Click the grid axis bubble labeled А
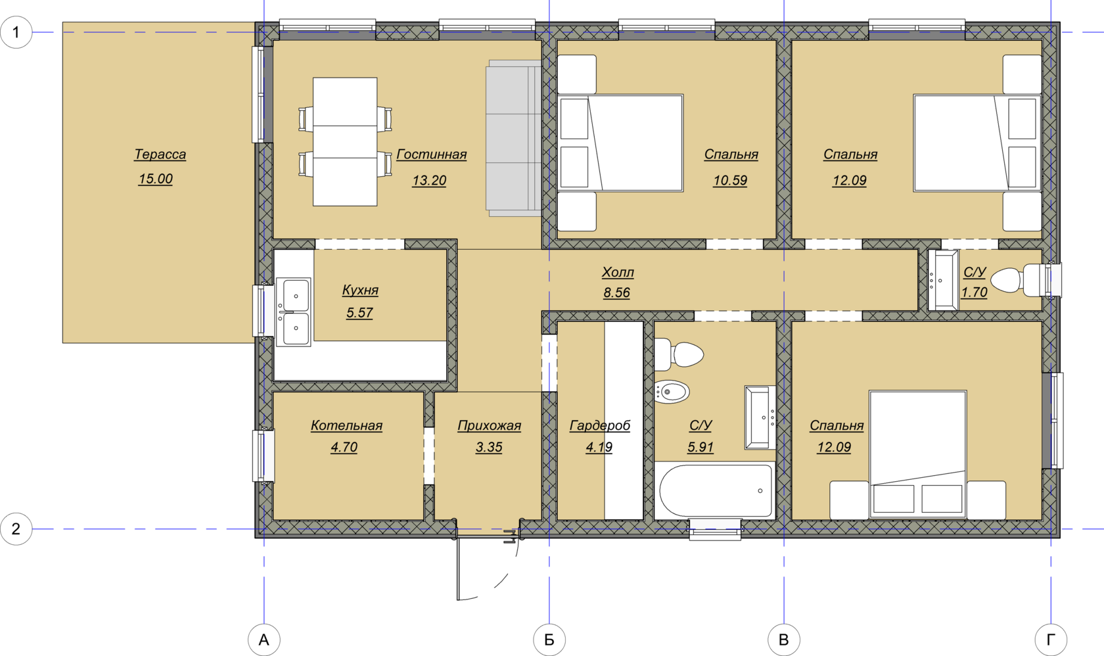264,640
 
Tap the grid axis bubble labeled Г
1051,640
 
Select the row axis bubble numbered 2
16,529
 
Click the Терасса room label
160,154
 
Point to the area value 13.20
429,180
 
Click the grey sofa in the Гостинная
514,139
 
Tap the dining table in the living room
345,141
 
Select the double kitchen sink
293,312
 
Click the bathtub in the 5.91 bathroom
716,490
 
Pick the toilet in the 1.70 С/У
1019,281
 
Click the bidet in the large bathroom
672,392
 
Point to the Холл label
618,272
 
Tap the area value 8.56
616,293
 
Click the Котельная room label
346,425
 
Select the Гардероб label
600,425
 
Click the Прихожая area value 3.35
489,447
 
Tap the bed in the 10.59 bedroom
620,143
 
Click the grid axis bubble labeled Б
549,640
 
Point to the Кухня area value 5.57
359,312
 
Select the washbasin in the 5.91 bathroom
760,417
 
